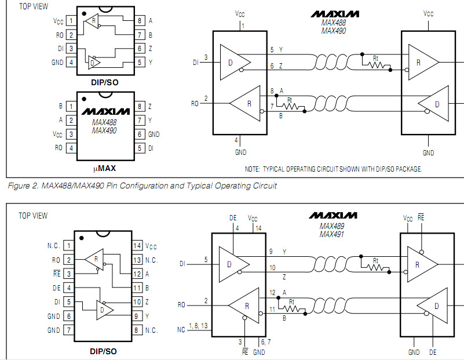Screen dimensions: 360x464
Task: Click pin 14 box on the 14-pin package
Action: (x=137, y=246)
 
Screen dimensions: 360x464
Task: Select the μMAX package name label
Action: (x=104, y=169)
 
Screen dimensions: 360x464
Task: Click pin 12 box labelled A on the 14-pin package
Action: (x=137, y=274)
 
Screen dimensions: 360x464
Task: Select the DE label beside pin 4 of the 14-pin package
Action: (x=56, y=288)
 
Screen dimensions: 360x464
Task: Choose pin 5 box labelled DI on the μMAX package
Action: (x=140, y=148)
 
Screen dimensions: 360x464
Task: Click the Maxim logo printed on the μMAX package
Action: (x=105, y=111)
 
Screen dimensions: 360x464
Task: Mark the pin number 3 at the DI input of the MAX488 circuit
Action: (x=206, y=57)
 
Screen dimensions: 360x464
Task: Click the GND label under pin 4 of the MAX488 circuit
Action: (x=240, y=152)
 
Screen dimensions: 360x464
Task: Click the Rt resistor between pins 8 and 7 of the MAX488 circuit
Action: (x=293, y=106)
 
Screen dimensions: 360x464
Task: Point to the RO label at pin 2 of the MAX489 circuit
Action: (x=181, y=304)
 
